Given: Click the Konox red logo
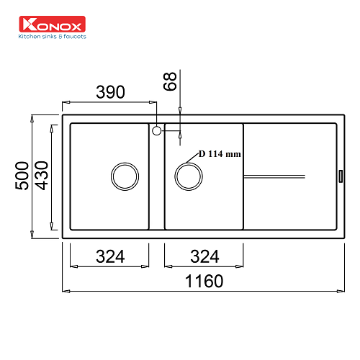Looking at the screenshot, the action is coord(52,24).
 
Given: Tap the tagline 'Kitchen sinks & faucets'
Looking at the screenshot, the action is coord(53,37).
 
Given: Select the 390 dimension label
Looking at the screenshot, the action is coord(110,92).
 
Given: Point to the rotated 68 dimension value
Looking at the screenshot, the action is coord(170,81).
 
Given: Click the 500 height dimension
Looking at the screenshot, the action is coord(22,176).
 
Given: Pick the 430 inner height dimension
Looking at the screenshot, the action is coord(42,176).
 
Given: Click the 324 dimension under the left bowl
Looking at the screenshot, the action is coord(110,256).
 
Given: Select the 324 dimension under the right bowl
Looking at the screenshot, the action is coord(204,256).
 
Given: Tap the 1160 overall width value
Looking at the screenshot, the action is coord(204,281).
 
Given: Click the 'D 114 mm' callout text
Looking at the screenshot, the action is coord(220,154).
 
